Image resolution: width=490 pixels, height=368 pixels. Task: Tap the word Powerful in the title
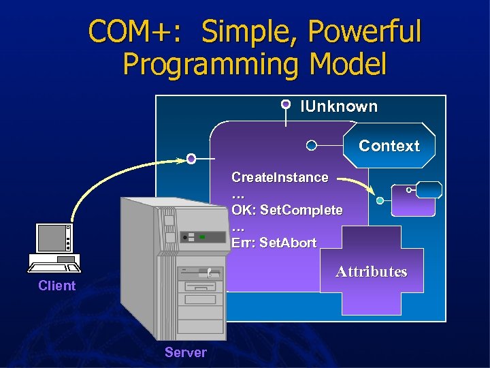click(x=364, y=31)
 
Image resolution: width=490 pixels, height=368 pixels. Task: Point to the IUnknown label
click(x=339, y=106)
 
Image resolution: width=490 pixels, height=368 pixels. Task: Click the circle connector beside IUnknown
click(x=287, y=104)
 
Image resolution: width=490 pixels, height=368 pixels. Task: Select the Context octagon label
click(x=389, y=146)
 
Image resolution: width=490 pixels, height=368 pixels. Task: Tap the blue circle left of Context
click(x=311, y=145)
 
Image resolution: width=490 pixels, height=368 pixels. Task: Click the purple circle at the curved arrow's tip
click(x=191, y=159)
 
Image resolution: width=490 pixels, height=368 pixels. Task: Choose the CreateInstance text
click(x=280, y=177)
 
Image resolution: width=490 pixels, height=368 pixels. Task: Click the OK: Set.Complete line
click(x=287, y=210)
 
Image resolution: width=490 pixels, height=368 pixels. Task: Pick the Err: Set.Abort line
click(x=274, y=243)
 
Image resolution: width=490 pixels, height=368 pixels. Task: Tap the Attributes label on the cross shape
click(x=371, y=272)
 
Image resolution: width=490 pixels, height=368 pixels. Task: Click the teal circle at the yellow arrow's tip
click(x=380, y=200)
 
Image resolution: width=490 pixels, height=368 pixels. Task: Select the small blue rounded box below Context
click(x=429, y=190)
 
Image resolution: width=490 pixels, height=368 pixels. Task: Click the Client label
click(x=57, y=286)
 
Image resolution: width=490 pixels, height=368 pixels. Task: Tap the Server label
click(x=185, y=352)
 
